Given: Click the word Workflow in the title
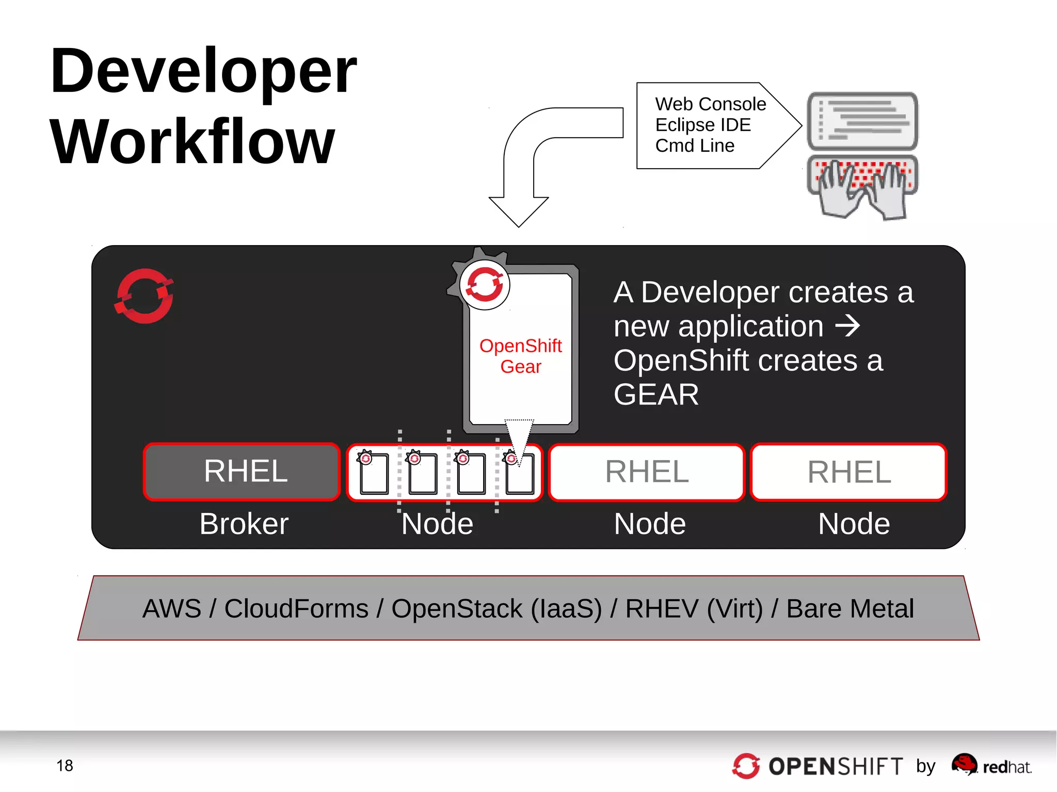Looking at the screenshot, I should (192, 141).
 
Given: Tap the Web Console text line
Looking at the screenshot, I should (710, 104).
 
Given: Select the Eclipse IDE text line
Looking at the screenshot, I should (702, 125).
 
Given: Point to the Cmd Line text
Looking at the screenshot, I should (694, 146).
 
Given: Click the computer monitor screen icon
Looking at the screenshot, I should (862, 121).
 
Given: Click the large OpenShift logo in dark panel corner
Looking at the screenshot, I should (144, 296).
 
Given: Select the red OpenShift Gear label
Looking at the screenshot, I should (520, 356).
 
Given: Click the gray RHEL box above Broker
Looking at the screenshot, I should (242, 471).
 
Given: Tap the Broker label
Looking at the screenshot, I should (244, 524).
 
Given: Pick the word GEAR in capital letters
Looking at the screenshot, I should (655, 395).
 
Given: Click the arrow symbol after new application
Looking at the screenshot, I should (847, 326).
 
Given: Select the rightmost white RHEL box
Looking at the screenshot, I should (848, 472).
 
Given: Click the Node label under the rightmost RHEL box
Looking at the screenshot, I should (854, 524).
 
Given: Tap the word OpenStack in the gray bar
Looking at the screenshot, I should (456, 608).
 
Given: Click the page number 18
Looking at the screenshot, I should (65, 765).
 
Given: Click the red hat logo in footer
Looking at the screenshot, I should (964, 764).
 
